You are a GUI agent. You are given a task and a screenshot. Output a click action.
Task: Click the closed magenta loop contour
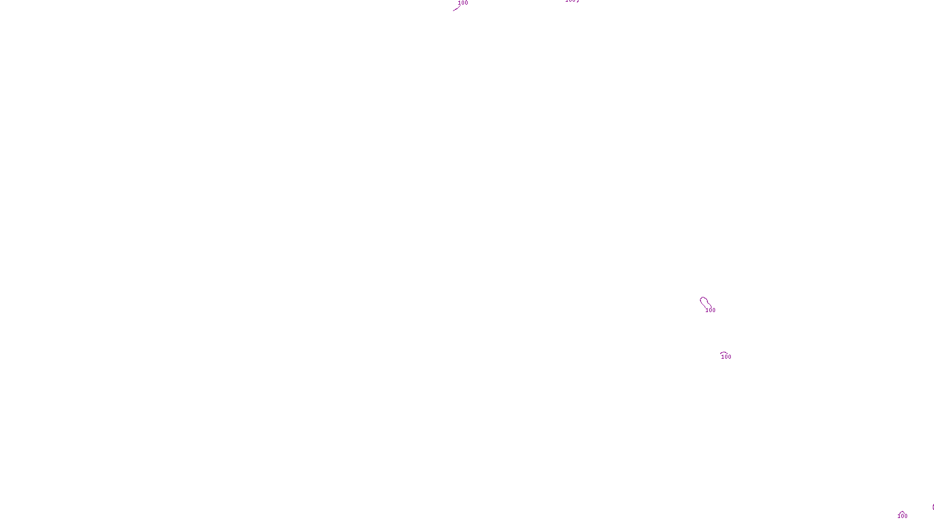pyautogui.click(x=705, y=303)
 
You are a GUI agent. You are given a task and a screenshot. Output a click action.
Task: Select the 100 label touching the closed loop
pyautogui.click(x=710, y=310)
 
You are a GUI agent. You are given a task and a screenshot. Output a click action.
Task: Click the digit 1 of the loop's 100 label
pyautogui.click(x=707, y=310)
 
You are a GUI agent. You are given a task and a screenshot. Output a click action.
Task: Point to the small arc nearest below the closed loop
pyautogui.click(x=724, y=353)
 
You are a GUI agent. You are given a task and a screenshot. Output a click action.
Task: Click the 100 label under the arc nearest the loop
pyautogui.click(x=726, y=357)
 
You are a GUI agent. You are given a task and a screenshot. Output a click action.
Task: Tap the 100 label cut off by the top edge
pyautogui.click(x=572, y=1)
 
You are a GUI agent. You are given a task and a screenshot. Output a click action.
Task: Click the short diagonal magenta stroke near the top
pyautogui.click(x=456, y=9)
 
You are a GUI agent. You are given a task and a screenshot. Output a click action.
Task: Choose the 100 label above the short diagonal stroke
pyautogui.click(x=463, y=3)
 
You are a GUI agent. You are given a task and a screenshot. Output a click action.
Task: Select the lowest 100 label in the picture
pyautogui.click(x=902, y=516)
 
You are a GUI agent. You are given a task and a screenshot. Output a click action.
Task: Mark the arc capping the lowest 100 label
pyautogui.click(x=902, y=512)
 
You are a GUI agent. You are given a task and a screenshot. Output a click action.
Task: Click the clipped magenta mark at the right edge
pyautogui.click(x=933, y=508)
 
